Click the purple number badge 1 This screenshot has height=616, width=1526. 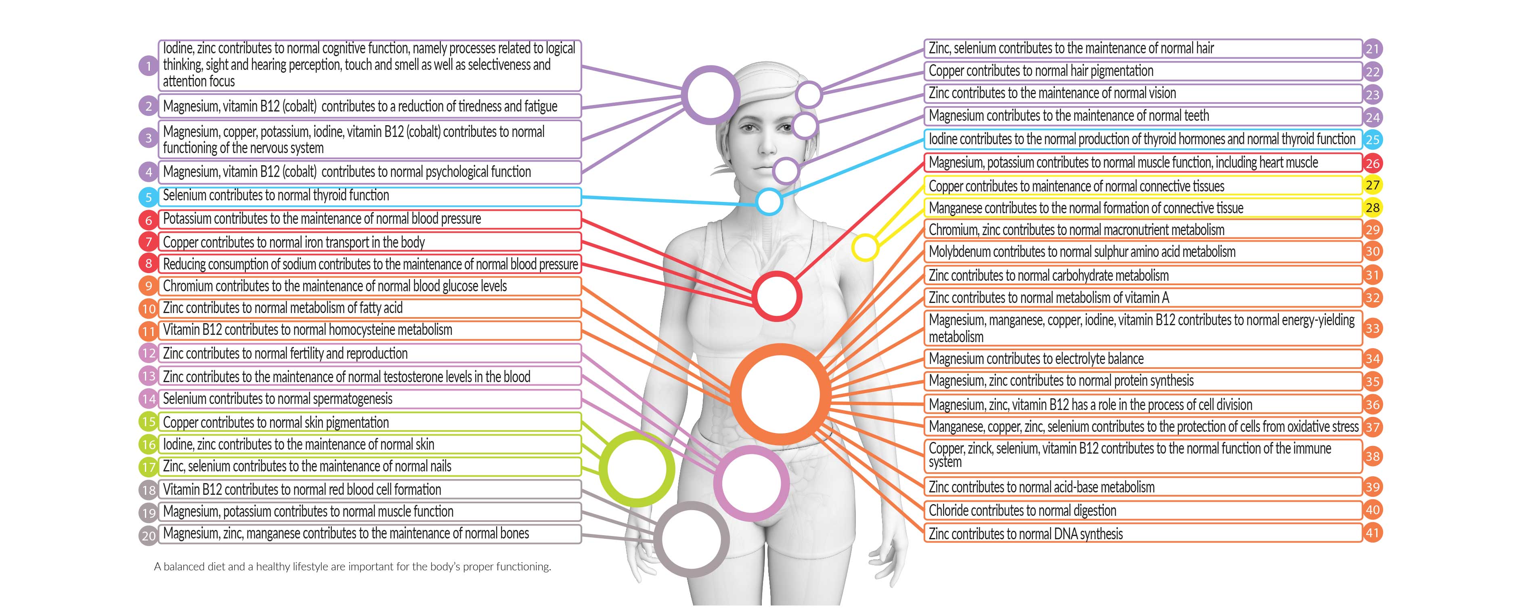point(148,66)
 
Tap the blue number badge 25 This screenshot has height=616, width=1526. point(1373,140)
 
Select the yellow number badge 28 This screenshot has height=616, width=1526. point(1373,208)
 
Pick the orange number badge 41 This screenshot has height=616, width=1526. point(1373,532)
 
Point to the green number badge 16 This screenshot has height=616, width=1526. point(148,444)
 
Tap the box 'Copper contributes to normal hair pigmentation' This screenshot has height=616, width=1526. point(1143,71)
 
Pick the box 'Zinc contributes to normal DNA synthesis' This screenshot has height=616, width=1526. point(1143,533)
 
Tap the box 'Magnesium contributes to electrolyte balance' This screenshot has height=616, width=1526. point(1143,359)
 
